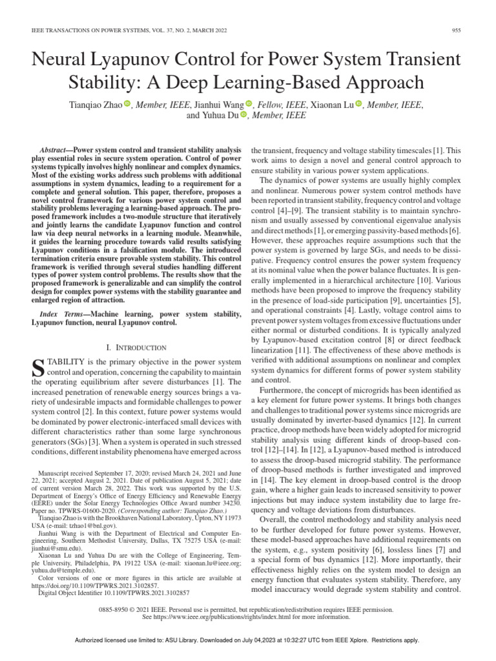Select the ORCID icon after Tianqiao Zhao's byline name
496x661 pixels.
pos(127,104)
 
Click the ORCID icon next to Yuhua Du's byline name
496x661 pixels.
pos(243,116)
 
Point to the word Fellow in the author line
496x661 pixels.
pos(273,104)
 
